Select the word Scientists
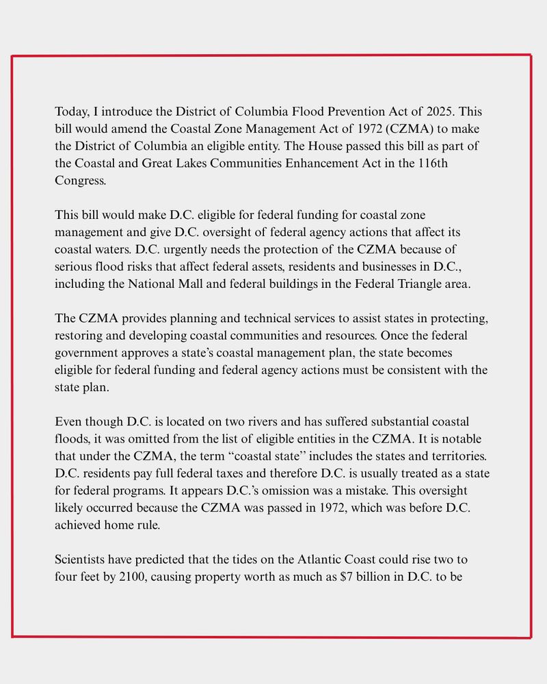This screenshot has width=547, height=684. (x=83, y=560)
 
